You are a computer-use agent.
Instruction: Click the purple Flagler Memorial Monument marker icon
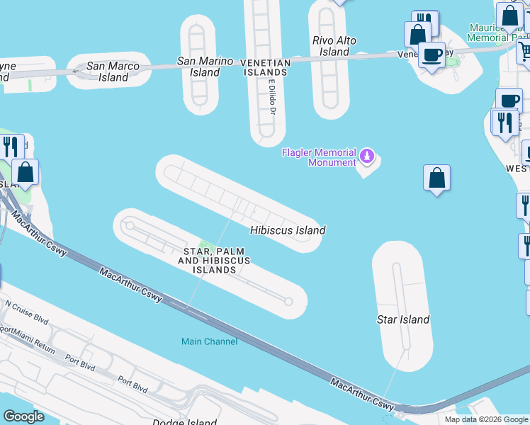[x=366, y=154]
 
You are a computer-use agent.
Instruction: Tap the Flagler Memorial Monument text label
[x=319, y=157]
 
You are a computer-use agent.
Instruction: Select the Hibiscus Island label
[x=288, y=230]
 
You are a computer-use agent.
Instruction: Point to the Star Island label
[x=402, y=319]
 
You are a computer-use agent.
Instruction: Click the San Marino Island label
[x=205, y=67]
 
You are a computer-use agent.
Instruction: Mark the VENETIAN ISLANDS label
[x=266, y=68]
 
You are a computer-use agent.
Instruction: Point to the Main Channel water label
[x=209, y=341]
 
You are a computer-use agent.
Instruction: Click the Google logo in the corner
[x=23, y=416]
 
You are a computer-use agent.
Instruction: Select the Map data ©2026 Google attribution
[x=486, y=419]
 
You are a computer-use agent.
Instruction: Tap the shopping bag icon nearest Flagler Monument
[x=437, y=178]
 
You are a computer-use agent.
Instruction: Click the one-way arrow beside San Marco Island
[x=77, y=71]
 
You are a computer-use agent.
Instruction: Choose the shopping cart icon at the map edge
[x=525, y=50]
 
